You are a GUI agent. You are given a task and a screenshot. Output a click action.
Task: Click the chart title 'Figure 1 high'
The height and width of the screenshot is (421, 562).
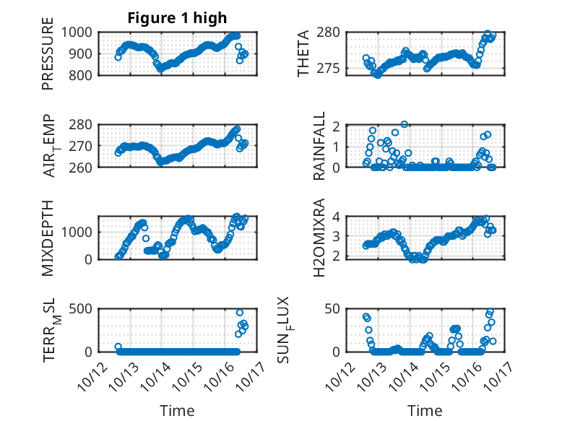(x=177, y=18)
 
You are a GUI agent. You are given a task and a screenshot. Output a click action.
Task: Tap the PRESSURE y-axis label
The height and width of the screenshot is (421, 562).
(x=48, y=58)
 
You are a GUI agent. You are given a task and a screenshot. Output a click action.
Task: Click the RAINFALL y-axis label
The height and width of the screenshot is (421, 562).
(x=319, y=147)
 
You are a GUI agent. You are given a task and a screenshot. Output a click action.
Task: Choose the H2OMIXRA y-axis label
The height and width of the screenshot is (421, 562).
(x=319, y=238)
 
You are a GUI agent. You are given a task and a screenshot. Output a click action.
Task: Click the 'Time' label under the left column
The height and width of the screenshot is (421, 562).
(x=177, y=411)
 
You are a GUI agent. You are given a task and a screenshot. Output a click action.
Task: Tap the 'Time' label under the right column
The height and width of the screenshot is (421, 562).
(x=425, y=411)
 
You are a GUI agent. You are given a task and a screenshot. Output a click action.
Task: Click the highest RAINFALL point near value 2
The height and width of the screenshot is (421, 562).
(x=405, y=124)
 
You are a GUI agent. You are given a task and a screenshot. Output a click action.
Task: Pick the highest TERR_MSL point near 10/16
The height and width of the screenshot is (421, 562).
(x=240, y=313)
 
